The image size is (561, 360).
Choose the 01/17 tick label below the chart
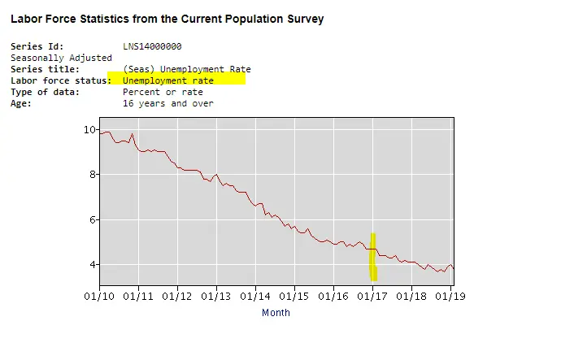click(x=372, y=296)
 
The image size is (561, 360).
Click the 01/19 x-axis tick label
click(x=450, y=296)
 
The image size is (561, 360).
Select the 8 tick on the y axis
click(x=91, y=175)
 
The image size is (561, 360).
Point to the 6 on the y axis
click(x=91, y=219)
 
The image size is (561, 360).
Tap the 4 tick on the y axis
click(x=91, y=265)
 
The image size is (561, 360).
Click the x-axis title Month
click(x=276, y=313)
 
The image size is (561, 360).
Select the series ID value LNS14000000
click(x=152, y=47)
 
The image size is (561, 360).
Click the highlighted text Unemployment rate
click(x=168, y=81)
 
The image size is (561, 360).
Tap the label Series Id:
click(x=37, y=47)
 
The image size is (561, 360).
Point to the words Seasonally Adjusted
click(x=61, y=59)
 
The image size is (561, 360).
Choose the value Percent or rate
click(x=163, y=93)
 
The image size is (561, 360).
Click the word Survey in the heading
click(x=305, y=19)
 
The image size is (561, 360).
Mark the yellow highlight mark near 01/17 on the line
click(x=373, y=257)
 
